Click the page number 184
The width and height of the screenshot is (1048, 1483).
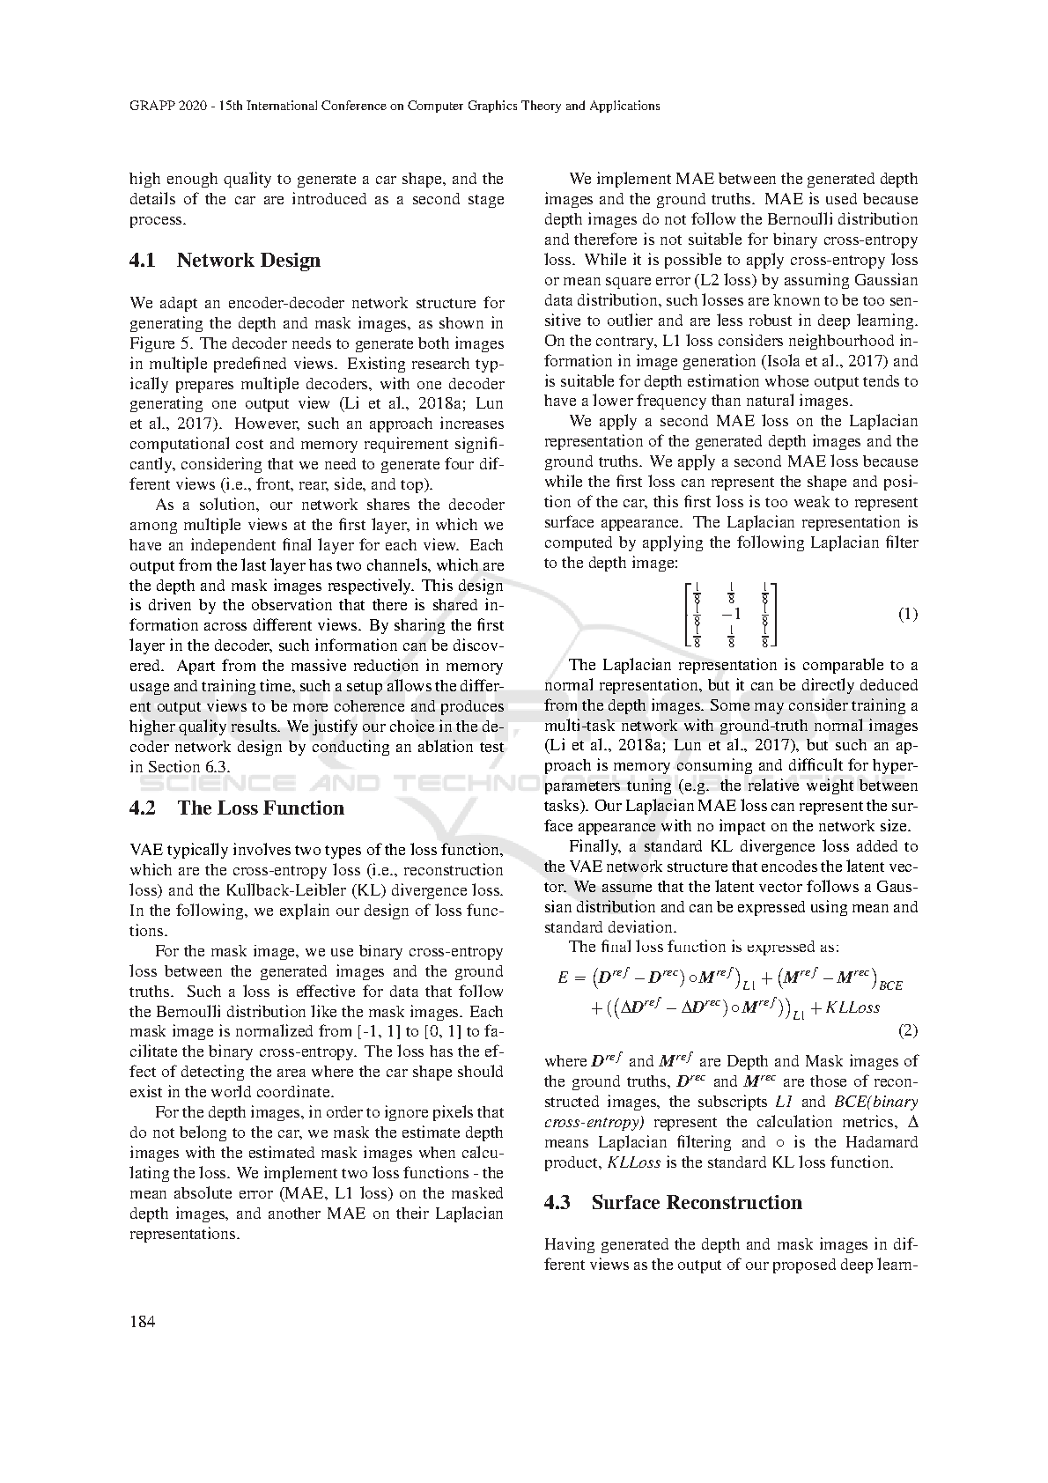click(x=142, y=1321)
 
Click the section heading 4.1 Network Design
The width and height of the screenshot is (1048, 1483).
click(x=225, y=260)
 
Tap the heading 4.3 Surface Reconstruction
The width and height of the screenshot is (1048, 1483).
click(x=673, y=1202)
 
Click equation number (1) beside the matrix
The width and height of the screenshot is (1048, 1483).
click(x=907, y=614)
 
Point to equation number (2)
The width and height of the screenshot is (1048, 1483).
click(x=907, y=1030)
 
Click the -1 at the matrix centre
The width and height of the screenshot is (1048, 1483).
click(x=731, y=614)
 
